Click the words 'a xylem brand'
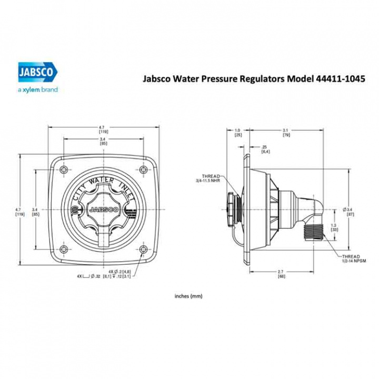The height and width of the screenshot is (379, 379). point(38,90)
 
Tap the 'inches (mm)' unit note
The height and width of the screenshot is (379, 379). point(188,296)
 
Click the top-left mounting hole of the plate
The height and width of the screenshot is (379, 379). point(64,169)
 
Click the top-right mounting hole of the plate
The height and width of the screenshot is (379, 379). point(144,169)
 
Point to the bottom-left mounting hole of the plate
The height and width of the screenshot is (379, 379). point(64,249)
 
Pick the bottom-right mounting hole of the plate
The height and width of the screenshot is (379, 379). point(144,249)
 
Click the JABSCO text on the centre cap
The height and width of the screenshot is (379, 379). point(103,210)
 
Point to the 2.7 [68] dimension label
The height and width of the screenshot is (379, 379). point(282,274)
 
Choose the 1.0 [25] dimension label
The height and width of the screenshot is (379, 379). point(237,133)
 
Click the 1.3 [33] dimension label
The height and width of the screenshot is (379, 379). point(334,227)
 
